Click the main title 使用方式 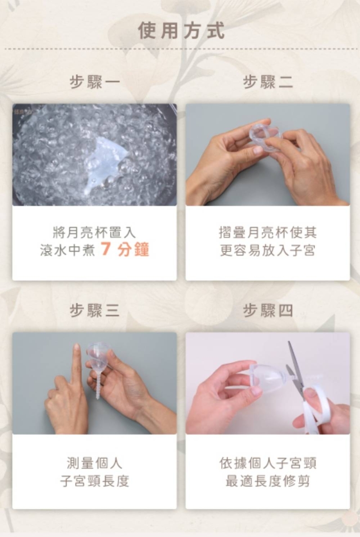point(181,31)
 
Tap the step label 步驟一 point(95,82)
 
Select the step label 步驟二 point(268,82)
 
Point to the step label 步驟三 point(95,310)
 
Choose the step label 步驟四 point(268,310)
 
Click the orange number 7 point(105,249)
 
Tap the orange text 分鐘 point(133,249)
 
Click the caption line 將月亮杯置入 point(94,233)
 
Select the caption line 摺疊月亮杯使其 point(268,233)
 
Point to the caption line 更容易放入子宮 point(268,250)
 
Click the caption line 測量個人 point(94,463)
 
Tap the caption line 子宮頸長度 point(94,481)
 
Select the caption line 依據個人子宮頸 point(268,463)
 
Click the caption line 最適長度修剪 point(268,481)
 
